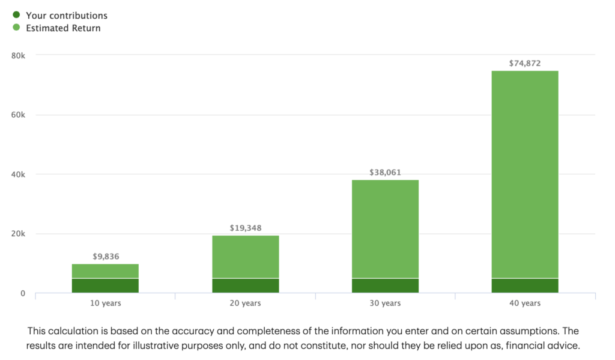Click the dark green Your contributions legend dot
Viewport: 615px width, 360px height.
[16, 15]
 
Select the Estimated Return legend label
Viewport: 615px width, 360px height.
[63, 28]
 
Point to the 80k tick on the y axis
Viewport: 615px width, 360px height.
[19, 55]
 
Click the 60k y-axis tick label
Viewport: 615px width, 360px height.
[19, 115]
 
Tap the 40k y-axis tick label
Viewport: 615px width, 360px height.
[19, 174]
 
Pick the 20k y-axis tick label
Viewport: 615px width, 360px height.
[19, 234]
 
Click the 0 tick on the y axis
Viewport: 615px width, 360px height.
[23, 293]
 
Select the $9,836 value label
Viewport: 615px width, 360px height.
[106, 257]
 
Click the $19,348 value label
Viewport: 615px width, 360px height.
[246, 228]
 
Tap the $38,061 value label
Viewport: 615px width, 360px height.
[386, 172]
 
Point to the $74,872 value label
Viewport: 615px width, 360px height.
[525, 63]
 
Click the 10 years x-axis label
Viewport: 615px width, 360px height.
[106, 304]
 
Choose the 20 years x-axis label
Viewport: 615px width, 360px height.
[246, 304]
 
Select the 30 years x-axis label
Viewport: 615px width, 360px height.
[386, 304]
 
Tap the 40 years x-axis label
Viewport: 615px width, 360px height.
[525, 304]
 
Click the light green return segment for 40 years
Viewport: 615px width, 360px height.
[525, 174]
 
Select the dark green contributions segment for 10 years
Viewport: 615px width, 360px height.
[106, 285]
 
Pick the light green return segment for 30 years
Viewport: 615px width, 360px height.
[386, 228]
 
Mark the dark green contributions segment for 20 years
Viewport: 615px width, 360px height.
[246, 285]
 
